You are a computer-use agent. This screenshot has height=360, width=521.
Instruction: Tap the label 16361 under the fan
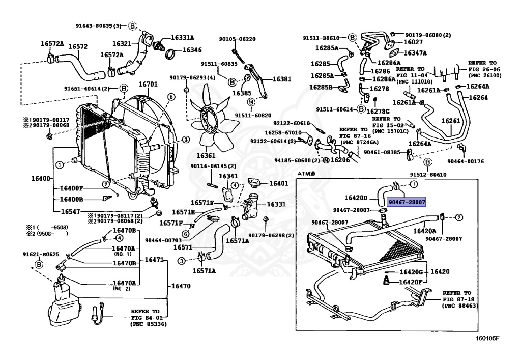tap(206, 155)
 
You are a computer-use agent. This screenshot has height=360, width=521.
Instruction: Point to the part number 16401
tap(278, 183)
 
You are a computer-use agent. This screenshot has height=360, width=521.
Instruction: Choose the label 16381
tap(281, 79)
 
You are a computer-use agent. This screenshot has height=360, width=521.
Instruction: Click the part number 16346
tap(192, 50)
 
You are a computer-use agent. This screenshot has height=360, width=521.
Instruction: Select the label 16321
tap(122, 44)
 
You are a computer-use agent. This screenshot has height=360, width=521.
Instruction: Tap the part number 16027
tap(413, 42)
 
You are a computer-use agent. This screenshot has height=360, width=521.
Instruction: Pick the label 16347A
tap(415, 53)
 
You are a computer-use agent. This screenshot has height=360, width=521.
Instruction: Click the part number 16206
tap(340, 159)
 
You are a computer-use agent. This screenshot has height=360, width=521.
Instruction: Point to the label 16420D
tap(356, 198)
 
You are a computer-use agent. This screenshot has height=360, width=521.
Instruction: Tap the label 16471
tap(154, 260)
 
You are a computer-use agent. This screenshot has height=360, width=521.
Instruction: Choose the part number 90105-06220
tap(237, 39)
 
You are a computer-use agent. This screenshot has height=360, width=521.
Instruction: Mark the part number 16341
tap(228, 176)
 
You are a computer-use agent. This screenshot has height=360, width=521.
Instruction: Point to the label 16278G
tap(378, 111)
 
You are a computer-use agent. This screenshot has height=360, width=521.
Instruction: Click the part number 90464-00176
tap(465, 161)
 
